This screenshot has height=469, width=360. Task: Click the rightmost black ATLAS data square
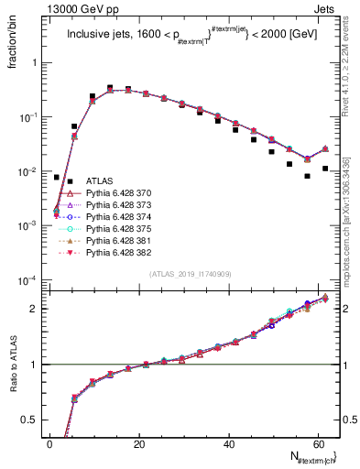[x=325, y=169]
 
